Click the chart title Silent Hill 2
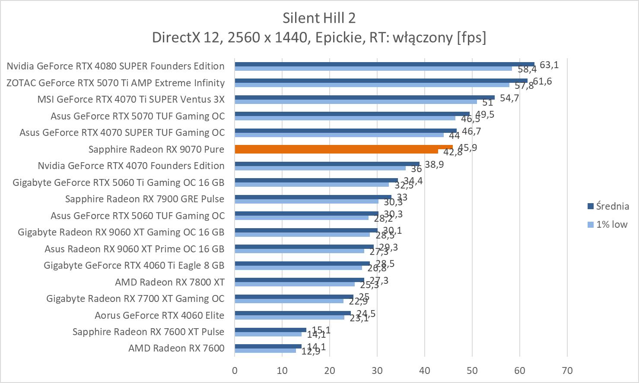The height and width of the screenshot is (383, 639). pyautogui.click(x=319, y=18)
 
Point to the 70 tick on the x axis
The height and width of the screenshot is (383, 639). pyautogui.click(x=567, y=370)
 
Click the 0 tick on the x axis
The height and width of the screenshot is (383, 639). pyautogui.click(x=235, y=370)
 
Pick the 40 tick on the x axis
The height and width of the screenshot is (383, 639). pyautogui.click(x=425, y=370)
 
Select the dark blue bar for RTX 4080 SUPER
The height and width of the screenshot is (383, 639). pyautogui.click(x=385, y=64)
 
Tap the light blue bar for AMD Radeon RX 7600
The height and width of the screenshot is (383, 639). pyautogui.click(x=265, y=350)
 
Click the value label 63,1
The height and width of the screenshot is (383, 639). pyautogui.click(x=549, y=65)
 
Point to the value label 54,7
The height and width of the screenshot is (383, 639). pyautogui.click(x=509, y=98)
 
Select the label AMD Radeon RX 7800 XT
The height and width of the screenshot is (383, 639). pyautogui.click(x=170, y=282)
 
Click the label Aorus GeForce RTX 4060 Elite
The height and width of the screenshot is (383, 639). pyautogui.click(x=159, y=315)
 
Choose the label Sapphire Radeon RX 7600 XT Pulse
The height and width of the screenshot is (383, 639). pyautogui.click(x=148, y=332)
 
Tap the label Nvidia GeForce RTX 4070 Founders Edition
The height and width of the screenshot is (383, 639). pyautogui.click(x=131, y=166)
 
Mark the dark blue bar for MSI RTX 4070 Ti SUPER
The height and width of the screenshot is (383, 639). pyautogui.click(x=365, y=97)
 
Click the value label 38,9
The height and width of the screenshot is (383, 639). pyautogui.click(x=434, y=164)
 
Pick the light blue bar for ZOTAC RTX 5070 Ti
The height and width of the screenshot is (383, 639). pyautogui.click(x=372, y=85)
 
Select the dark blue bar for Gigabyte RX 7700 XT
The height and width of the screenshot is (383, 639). pyautogui.click(x=294, y=297)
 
